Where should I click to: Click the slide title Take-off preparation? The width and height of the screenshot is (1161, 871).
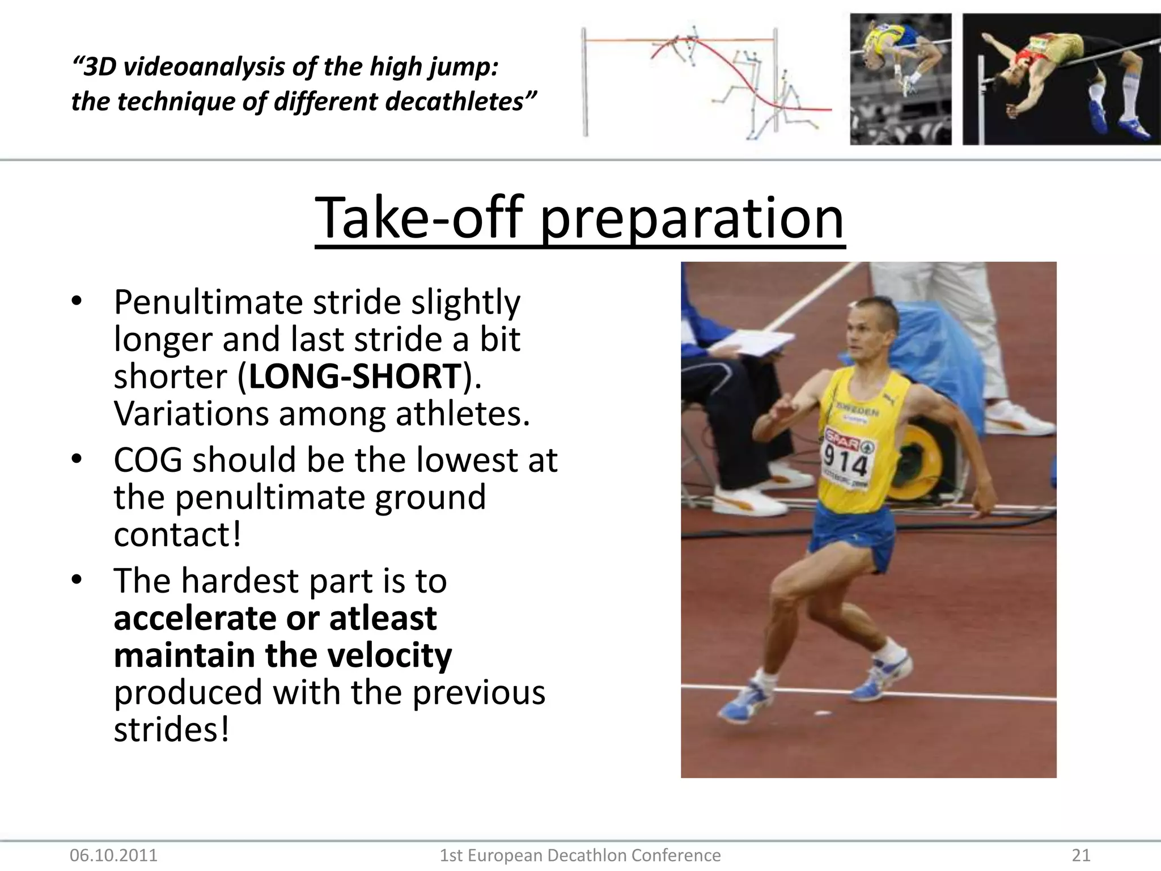pos(579,218)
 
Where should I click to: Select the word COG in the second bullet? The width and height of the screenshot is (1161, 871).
pos(148,460)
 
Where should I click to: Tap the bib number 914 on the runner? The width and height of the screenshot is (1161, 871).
pos(845,461)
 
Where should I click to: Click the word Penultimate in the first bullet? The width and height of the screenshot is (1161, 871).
pos(209,302)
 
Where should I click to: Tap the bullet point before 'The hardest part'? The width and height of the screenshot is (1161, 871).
pos(77,580)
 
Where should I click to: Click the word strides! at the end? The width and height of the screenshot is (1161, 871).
pos(172,730)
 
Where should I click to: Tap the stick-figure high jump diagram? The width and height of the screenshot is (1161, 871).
pos(706,82)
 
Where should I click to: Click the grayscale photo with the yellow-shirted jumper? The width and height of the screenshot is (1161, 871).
pos(900,79)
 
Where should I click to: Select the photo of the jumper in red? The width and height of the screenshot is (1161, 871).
pos(1061,79)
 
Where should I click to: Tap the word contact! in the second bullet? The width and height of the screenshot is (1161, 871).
pos(177,535)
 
